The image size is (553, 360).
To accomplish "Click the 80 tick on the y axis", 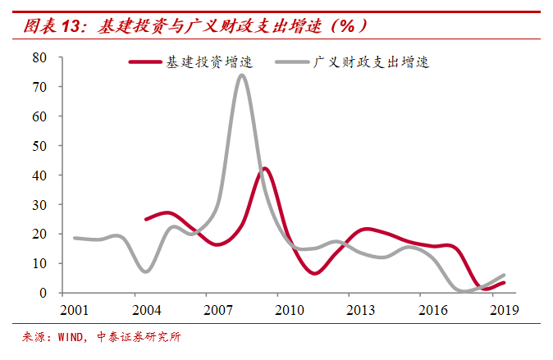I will tap(40, 57).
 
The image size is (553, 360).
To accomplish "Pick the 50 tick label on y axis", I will tap(40, 146).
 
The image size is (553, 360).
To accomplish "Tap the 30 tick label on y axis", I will tap(40, 205).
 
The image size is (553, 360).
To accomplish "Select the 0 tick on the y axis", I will tap(43, 294).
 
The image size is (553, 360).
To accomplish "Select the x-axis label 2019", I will tap(502, 310).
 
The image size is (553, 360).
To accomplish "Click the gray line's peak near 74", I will tap(241, 75).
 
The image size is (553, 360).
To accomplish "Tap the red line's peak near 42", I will tap(264, 169).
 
